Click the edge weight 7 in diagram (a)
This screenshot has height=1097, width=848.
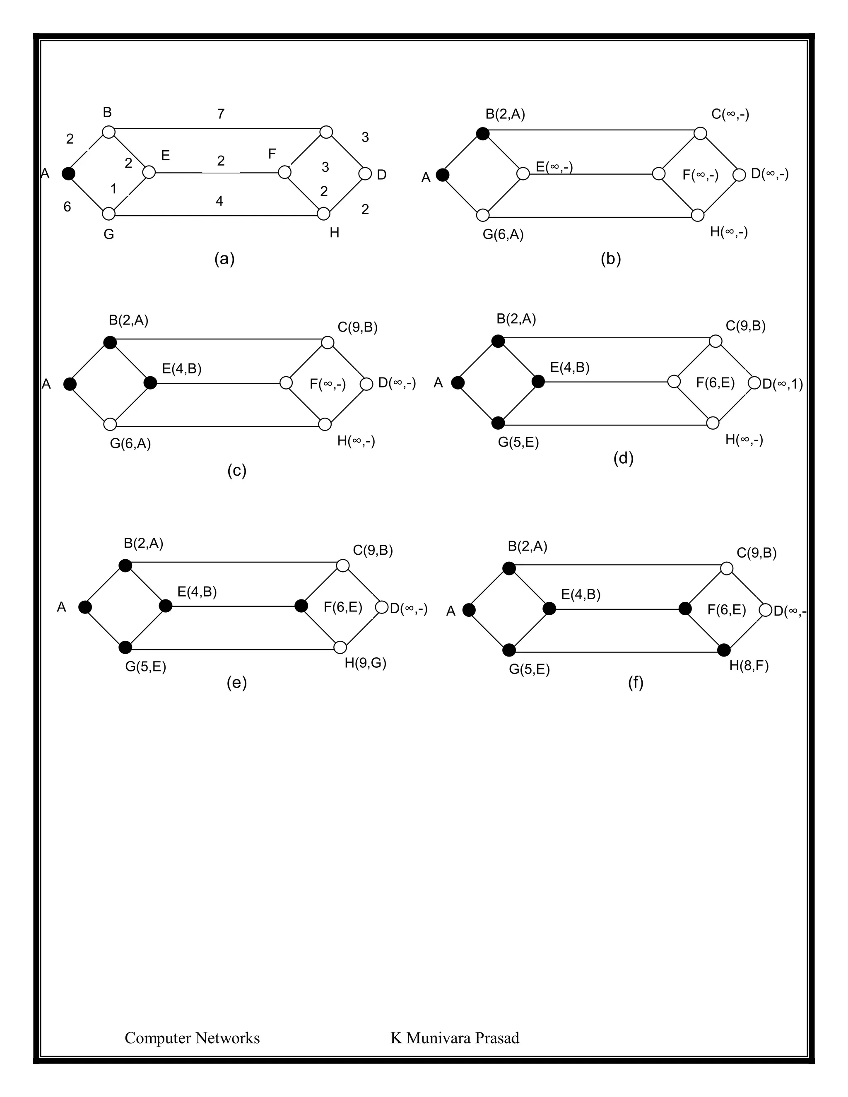point(221,114)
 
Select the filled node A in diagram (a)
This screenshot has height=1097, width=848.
point(69,174)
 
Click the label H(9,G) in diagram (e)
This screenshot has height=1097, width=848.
point(365,663)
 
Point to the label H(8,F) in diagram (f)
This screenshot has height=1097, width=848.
point(749,666)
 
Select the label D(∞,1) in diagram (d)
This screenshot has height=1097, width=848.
point(782,384)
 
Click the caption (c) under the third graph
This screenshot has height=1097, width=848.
point(236,470)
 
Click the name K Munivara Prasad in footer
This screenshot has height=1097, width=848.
point(455,1038)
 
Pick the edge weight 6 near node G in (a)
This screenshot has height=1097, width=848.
point(67,207)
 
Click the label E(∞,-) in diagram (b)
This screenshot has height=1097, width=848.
point(554,167)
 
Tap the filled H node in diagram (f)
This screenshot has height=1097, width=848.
point(723,650)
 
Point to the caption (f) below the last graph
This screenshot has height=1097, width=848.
point(636,682)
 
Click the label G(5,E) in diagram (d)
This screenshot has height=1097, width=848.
point(518,442)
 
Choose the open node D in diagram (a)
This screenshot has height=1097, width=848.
point(365,174)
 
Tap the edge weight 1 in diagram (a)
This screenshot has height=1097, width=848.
point(113,189)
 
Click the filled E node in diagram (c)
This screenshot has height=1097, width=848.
point(150,383)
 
